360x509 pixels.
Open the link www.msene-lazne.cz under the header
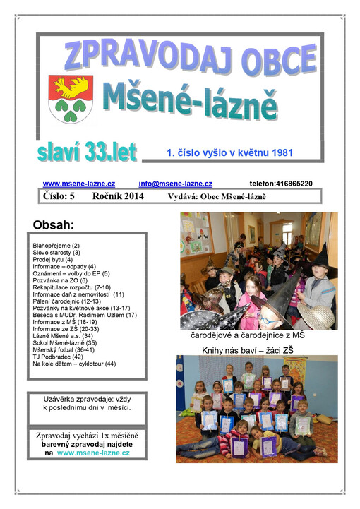tap(79, 184)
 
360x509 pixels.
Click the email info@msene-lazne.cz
tap(175, 184)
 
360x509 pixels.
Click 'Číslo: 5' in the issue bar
tap(64, 196)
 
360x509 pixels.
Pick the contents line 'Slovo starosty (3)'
tap(56, 252)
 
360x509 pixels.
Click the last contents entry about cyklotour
tap(74, 364)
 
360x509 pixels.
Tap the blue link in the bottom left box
tap(93, 453)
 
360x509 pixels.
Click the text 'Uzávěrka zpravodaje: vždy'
tap(87, 399)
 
